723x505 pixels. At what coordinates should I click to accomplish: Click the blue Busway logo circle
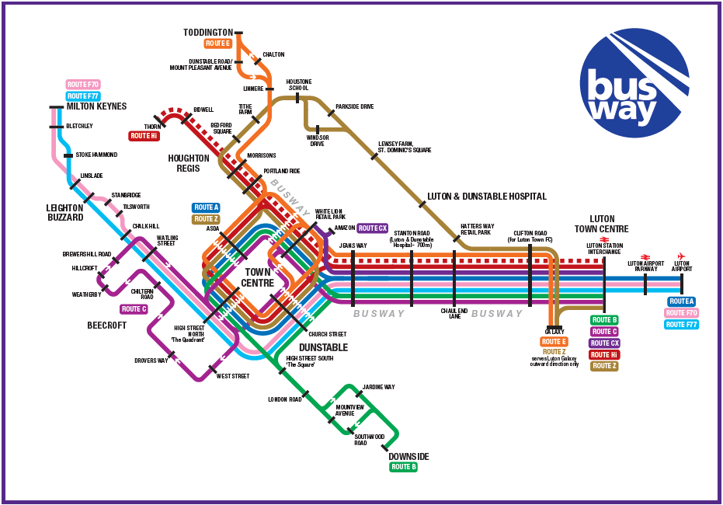(x=634, y=83)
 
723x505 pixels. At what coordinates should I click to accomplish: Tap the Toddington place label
(x=208, y=32)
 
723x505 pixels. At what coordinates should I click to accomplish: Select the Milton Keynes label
(x=96, y=106)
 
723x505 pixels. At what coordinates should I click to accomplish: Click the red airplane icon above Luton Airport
(x=681, y=256)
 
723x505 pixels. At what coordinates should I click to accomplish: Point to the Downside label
(x=408, y=456)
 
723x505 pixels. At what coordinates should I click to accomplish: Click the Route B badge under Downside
(x=404, y=467)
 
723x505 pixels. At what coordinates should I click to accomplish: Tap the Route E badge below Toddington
(x=218, y=44)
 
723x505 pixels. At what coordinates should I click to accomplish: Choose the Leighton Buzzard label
(x=64, y=213)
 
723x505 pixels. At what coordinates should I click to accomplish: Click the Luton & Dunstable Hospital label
(x=487, y=197)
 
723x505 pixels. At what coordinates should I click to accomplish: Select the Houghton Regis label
(x=189, y=162)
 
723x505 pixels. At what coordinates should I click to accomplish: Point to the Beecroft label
(x=106, y=326)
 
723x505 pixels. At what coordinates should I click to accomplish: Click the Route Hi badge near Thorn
(x=144, y=136)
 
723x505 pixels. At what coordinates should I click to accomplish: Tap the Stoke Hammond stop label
(x=96, y=155)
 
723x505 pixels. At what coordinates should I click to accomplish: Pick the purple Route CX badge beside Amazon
(x=372, y=228)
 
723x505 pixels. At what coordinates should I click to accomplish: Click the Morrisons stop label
(x=262, y=155)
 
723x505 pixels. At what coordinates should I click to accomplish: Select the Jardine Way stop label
(x=379, y=387)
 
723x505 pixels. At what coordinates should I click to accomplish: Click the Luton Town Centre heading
(x=601, y=224)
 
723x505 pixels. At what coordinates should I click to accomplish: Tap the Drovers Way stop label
(x=151, y=360)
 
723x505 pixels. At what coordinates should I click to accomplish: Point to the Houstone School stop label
(x=299, y=85)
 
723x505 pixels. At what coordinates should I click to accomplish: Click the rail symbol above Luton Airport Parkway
(x=644, y=256)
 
